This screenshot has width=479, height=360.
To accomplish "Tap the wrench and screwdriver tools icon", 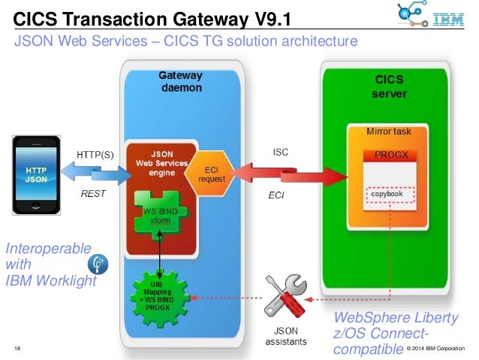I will coord(285,295).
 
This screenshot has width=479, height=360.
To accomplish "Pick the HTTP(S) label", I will coord(95,155).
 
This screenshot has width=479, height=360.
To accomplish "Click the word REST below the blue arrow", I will coord(92,193).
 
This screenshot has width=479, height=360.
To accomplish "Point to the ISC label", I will coord(280,151).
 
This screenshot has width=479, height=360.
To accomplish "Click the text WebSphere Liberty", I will coord(396,318).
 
